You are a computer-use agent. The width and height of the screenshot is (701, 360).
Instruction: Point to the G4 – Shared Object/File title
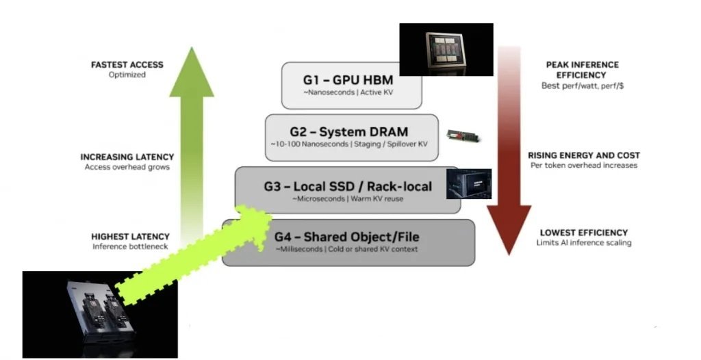347,237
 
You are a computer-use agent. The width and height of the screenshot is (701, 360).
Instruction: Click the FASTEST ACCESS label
127,64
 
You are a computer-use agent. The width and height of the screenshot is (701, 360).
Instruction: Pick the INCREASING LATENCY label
127,157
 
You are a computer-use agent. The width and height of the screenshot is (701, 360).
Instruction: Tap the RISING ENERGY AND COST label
584,155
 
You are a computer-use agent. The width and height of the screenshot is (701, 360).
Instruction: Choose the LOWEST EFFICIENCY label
584,233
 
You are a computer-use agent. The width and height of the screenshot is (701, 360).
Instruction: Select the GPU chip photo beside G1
446,49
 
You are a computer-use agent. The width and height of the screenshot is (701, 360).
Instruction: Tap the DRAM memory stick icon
463,136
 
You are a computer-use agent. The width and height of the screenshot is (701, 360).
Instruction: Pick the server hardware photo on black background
100,314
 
